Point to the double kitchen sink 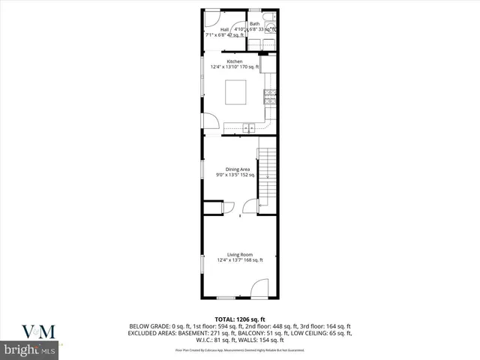(x=248, y=127)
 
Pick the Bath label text (x=254, y=24)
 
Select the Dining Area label (x=238, y=169)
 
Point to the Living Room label (x=239, y=255)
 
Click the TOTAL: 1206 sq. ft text (x=239, y=319)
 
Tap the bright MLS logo (x=29, y=350)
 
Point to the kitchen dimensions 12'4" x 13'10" (x=234, y=67)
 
